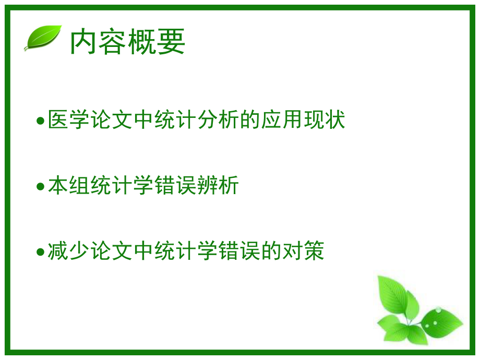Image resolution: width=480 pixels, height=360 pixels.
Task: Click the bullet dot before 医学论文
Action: coord(40,121)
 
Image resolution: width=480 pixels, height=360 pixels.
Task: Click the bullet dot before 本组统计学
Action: coord(40,187)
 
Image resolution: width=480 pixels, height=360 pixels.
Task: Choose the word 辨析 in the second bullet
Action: coord(219,186)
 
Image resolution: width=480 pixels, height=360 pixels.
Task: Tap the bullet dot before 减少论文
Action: coord(40,253)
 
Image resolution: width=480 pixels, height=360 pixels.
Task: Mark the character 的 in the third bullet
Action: coord(272,251)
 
